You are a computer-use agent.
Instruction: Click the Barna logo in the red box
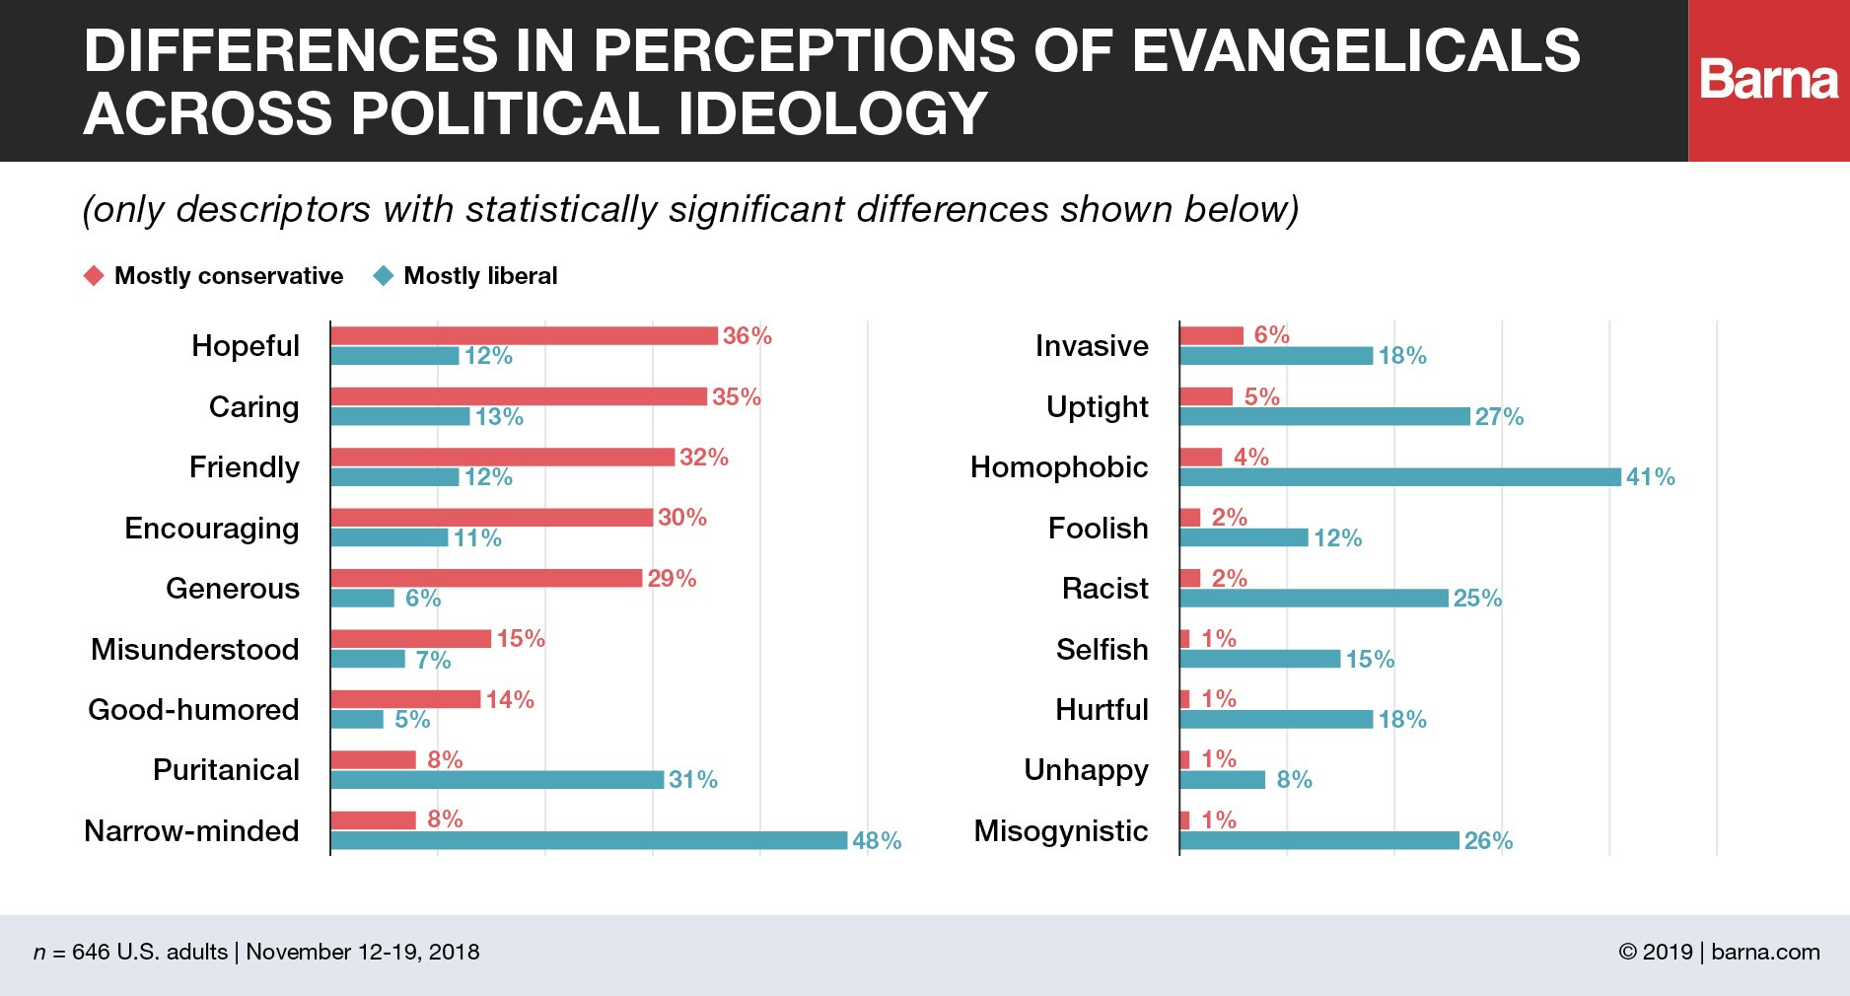coord(1768,80)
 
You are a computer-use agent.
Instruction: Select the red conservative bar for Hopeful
coord(524,335)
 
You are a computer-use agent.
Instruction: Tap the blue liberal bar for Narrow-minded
coord(589,840)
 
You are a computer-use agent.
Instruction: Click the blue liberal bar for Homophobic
coord(1399,477)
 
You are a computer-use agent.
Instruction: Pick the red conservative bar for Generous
coord(486,578)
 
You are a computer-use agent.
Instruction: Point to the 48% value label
coord(877,841)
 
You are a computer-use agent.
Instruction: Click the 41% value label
coord(1650,477)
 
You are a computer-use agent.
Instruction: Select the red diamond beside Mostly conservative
coord(94,276)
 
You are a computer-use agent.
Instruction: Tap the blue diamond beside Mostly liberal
coord(384,276)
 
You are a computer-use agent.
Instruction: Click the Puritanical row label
coord(226,770)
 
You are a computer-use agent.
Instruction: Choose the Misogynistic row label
coord(1061,831)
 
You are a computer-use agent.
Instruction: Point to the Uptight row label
coord(1098,407)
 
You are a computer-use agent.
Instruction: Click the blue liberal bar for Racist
coord(1314,599)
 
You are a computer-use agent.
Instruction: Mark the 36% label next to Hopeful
coord(747,336)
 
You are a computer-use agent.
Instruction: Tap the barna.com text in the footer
coord(1765,952)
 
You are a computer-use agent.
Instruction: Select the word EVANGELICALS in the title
coord(1356,51)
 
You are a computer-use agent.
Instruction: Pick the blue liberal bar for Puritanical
coord(497,780)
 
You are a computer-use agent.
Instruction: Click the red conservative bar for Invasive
coord(1211,335)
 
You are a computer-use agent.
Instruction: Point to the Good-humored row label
coord(193,710)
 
